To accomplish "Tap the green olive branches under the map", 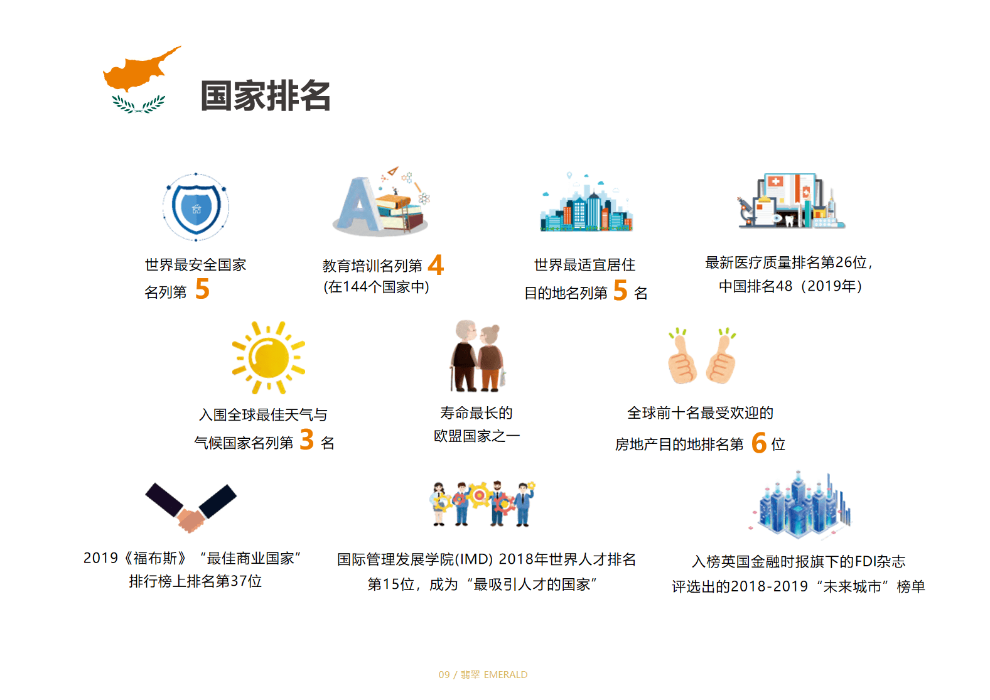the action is click(138, 104).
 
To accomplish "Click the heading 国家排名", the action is click(266, 95).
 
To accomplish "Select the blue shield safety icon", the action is click(196, 207).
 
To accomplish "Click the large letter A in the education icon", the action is click(359, 205).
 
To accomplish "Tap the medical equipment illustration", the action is click(790, 201).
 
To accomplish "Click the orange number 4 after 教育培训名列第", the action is click(436, 265).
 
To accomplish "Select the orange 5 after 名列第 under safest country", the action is click(202, 289).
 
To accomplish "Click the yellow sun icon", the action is click(268, 357).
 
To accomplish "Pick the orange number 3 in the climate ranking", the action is click(307, 439).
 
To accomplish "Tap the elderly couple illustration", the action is click(477, 356).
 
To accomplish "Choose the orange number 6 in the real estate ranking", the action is click(759, 443).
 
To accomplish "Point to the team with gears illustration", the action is click(483, 503).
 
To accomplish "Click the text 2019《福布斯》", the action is click(136, 558).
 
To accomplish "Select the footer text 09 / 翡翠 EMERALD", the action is click(483, 674).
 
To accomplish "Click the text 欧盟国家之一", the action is click(477, 436).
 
